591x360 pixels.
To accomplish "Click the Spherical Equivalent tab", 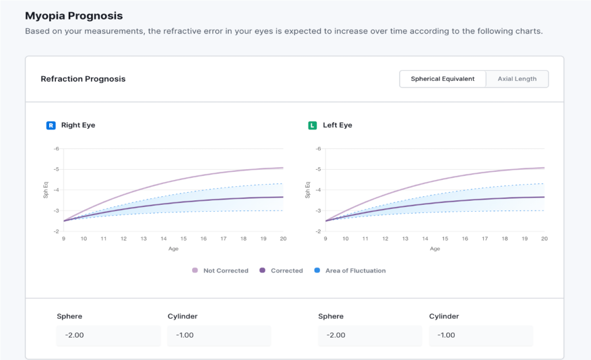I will pyautogui.click(x=443, y=79).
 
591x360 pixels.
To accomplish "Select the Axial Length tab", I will pyautogui.click(x=517, y=79).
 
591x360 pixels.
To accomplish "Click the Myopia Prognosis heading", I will pyautogui.click(x=74, y=16).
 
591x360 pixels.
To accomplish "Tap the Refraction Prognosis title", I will pyautogui.click(x=83, y=79).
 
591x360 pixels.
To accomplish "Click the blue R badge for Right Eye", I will pyautogui.click(x=51, y=125).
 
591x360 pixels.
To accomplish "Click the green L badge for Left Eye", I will pyautogui.click(x=312, y=125).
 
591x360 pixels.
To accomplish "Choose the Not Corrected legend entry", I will pyautogui.click(x=225, y=271).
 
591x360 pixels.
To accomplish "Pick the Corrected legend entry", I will pyautogui.click(x=286, y=271).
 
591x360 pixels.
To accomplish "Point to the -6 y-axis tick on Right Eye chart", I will pyautogui.click(x=57, y=149).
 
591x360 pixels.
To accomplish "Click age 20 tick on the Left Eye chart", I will pyautogui.click(x=544, y=239).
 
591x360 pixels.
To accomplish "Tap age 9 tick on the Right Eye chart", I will pyautogui.click(x=63, y=239).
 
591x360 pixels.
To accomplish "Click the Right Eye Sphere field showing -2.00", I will pyautogui.click(x=109, y=335).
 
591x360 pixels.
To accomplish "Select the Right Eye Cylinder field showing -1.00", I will pyautogui.click(x=219, y=335).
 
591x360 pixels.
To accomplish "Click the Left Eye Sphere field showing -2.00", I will pyautogui.click(x=370, y=335).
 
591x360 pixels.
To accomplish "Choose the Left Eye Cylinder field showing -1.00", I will pyautogui.click(x=481, y=335).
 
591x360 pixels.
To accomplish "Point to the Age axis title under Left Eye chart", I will pyautogui.click(x=435, y=249).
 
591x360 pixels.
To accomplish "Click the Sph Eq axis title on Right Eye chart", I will pyautogui.click(x=46, y=190).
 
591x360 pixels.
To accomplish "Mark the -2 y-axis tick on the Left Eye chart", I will pyautogui.click(x=318, y=231).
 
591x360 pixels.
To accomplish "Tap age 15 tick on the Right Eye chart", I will pyautogui.click(x=183, y=239).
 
